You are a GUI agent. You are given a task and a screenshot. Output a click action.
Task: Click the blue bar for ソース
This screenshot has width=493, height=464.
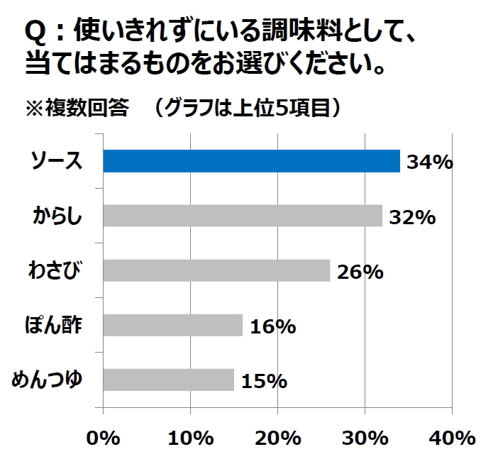(252, 162)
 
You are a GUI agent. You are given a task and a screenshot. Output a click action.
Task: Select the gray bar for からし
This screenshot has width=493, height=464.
(243, 216)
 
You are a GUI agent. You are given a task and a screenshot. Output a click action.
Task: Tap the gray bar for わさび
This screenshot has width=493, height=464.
(216, 270)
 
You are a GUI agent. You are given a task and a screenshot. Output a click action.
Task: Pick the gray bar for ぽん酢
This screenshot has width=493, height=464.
(173, 325)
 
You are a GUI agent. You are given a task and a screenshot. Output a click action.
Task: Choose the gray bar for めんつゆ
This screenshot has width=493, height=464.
(169, 380)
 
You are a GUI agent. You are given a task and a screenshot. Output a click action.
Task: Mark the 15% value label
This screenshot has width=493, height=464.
(263, 381)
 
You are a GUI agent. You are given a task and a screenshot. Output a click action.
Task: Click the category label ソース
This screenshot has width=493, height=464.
(57, 162)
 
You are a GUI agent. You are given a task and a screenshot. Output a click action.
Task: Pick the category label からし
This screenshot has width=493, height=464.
(57, 216)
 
